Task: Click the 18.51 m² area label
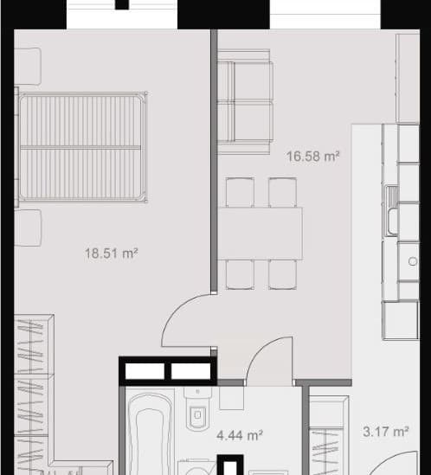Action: (112, 254)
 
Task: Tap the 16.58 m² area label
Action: (312, 157)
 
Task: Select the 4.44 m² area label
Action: (240, 435)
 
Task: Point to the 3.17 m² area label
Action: (386, 432)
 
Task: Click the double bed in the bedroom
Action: (81, 147)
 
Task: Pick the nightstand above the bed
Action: (28, 66)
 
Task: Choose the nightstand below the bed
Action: (28, 228)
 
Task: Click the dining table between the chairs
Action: (260, 234)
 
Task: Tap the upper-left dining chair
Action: (240, 192)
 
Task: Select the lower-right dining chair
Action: (282, 275)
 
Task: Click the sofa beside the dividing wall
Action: (246, 102)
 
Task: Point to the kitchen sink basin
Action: (393, 221)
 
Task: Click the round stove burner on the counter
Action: (413, 261)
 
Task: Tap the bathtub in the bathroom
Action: (150, 433)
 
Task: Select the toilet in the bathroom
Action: (198, 409)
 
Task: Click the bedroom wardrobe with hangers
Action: (34, 395)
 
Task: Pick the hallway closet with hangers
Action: (329, 435)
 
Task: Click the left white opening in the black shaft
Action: (145, 371)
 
